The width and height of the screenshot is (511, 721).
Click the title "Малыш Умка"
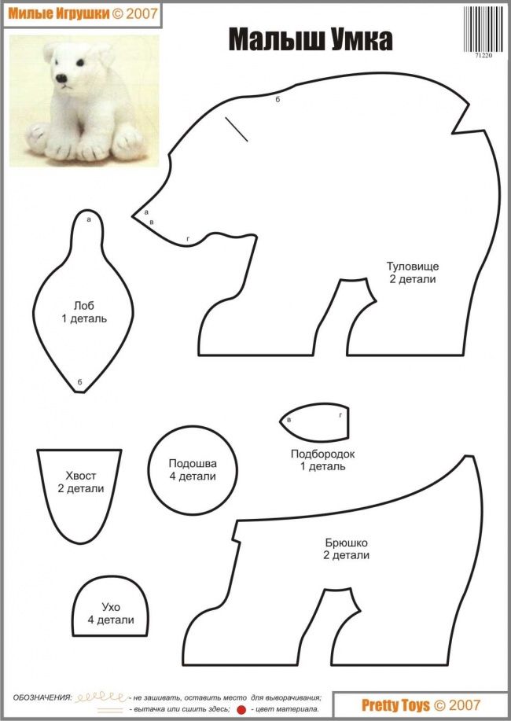tap(311, 40)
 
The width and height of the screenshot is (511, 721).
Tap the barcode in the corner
tap(483, 29)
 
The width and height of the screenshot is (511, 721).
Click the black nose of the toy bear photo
tap(61, 78)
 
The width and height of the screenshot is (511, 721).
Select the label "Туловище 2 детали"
tap(413, 273)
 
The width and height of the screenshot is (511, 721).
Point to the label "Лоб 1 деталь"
tap(84, 312)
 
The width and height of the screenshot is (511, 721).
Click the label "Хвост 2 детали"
tap(81, 482)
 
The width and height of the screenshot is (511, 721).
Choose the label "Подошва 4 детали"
tap(193, 469)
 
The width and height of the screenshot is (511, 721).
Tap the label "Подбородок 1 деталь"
tap(322, 460)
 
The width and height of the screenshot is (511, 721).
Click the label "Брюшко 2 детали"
tap(347, 549)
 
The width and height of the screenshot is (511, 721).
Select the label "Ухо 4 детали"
tap(111, 613)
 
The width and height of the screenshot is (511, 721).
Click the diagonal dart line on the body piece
tap(237, 129)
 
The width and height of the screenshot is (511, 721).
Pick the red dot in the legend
tap(241, 710)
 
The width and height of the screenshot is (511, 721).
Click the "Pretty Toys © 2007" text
tap(421, 705)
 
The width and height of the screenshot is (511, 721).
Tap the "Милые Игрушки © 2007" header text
tap(83, 13)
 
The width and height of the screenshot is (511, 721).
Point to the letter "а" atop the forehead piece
tap(89, 219)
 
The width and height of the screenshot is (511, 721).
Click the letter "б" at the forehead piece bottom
tap(79, 381)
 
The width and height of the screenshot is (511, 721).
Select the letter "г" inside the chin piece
tap(340, 415)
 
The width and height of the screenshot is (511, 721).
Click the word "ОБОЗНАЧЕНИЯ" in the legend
tap(42, 698)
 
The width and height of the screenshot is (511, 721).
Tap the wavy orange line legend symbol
tap(101, 697)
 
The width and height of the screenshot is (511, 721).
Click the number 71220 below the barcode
tap(483, 55)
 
